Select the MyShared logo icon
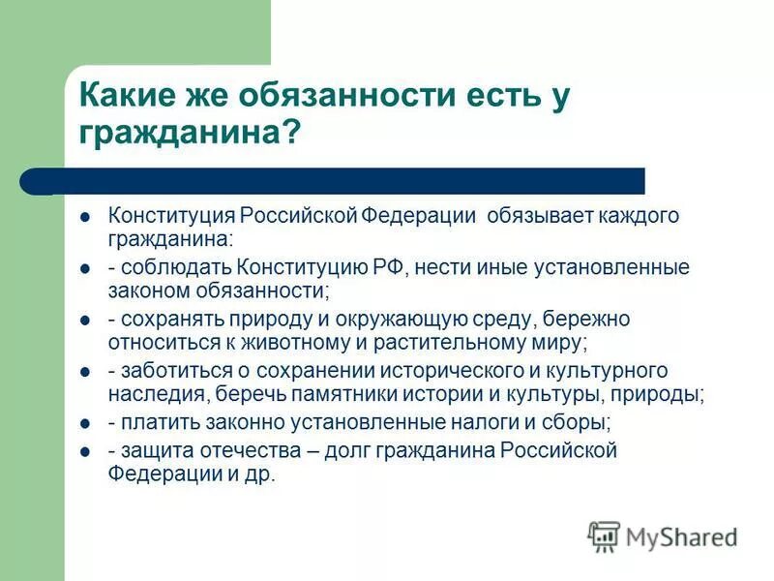604,535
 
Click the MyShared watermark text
681,536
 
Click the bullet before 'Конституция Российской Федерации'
84,217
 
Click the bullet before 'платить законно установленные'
84,425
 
